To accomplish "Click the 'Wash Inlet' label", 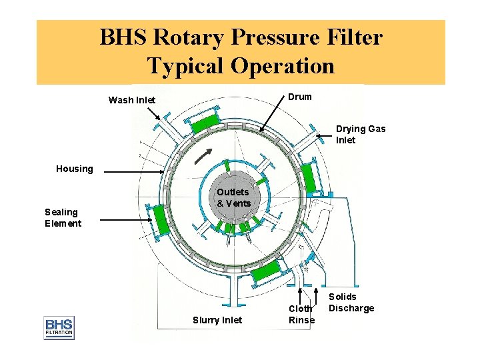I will coord(132,101).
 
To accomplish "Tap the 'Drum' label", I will coord(299,97).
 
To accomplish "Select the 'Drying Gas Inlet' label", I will coord(360,134).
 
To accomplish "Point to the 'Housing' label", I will coord(75,169).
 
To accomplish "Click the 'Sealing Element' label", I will coord(63,217).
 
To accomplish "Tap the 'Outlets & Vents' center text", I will coord(233,197).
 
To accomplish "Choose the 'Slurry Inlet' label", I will coord(217,321).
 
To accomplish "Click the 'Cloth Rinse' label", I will coord(301,314).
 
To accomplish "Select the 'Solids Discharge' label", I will coord(351,302).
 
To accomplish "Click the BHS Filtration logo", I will coord(59,327).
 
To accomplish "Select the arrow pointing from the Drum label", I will coord(273,117).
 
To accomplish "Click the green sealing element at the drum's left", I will coord(160,218).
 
